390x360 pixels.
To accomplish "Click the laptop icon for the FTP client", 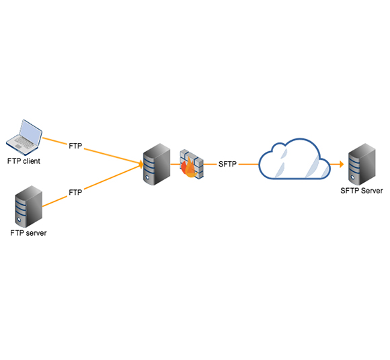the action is coord(24,138).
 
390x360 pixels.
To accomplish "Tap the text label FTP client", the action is coord(24,161).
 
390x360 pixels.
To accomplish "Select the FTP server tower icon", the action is coord(29,206).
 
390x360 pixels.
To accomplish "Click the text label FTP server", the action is coord(28,233).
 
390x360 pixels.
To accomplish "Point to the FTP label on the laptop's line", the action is coord(75,146).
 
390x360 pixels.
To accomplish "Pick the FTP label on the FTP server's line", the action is coord(75,192).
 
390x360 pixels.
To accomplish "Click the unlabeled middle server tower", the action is coord(157,165).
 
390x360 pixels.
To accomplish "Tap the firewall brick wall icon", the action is coord(192,164).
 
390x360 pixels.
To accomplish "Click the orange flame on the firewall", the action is coord(189,168).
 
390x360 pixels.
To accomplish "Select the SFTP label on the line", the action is coord(227,164).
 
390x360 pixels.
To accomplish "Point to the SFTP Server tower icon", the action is coord(362,165).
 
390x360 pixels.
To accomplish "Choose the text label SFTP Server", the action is coord(362,191).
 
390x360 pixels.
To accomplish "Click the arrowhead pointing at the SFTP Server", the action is coord(342,164).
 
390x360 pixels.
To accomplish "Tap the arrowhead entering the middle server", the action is coord(141,165).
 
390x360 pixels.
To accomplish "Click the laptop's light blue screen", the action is coord(30,132).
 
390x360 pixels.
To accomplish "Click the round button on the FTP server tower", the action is coord(19,220).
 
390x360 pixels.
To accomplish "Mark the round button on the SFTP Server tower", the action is coord(352,177).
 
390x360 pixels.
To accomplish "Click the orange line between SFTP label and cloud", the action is coord(249,165).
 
